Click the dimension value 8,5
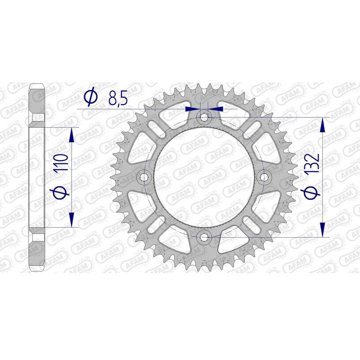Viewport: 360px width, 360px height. click(x=117, y=98)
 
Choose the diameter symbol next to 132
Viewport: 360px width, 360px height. click(x=313, y=192)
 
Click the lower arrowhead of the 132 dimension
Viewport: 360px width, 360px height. click(x=322, y=229)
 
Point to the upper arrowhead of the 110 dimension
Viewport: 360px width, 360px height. click(x=71, y=135)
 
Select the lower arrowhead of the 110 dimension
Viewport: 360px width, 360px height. click(x=71, y=219)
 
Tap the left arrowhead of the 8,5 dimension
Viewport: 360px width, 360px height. click(x=193, y=108)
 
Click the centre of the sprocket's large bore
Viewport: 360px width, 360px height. click(x=204, y=177)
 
